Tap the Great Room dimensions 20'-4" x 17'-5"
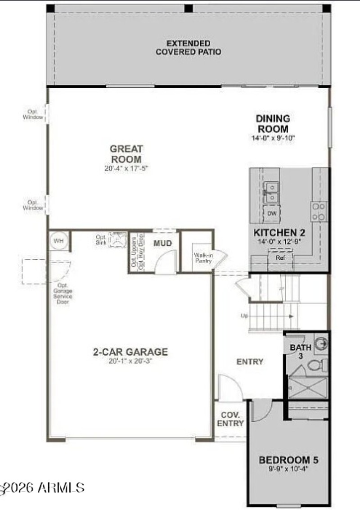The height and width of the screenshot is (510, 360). coord(126,169)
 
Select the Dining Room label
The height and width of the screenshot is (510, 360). coord(273,123)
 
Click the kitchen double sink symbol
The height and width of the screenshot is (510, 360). coord(271,192)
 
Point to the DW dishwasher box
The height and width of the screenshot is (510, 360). coord(272,213)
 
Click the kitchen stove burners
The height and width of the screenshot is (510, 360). coord(319,212)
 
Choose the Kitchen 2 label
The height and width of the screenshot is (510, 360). coord(279,233)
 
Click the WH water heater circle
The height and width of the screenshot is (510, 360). coord(58,241)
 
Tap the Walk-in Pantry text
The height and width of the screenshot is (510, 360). coord(203,258)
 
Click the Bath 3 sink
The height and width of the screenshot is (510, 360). coord(322,344)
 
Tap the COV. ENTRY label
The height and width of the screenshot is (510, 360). coord(230,419)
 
